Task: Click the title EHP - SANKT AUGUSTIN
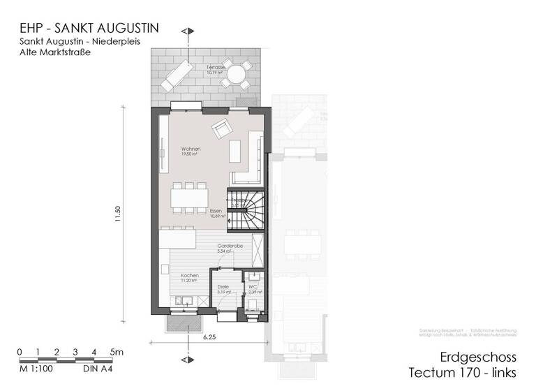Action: coord(89,29)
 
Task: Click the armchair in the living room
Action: coord(223,128)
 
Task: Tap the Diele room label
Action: coord(223,288)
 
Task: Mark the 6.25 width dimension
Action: coord(209,337)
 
